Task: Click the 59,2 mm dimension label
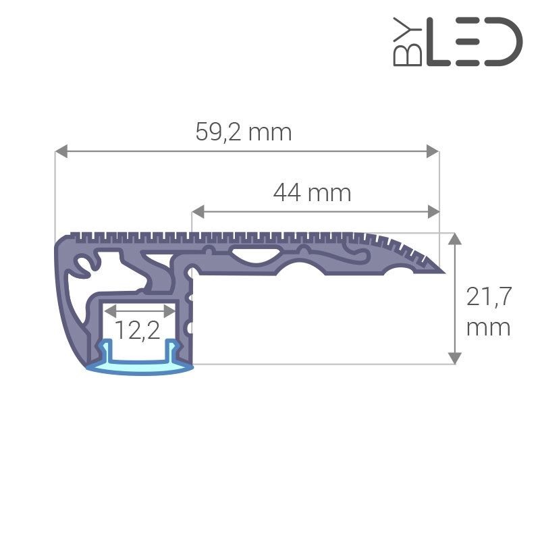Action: pos(244,132)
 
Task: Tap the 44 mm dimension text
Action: pos(312,193)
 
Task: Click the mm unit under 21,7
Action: pos(489,328)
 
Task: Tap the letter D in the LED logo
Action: pos(501,42)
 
